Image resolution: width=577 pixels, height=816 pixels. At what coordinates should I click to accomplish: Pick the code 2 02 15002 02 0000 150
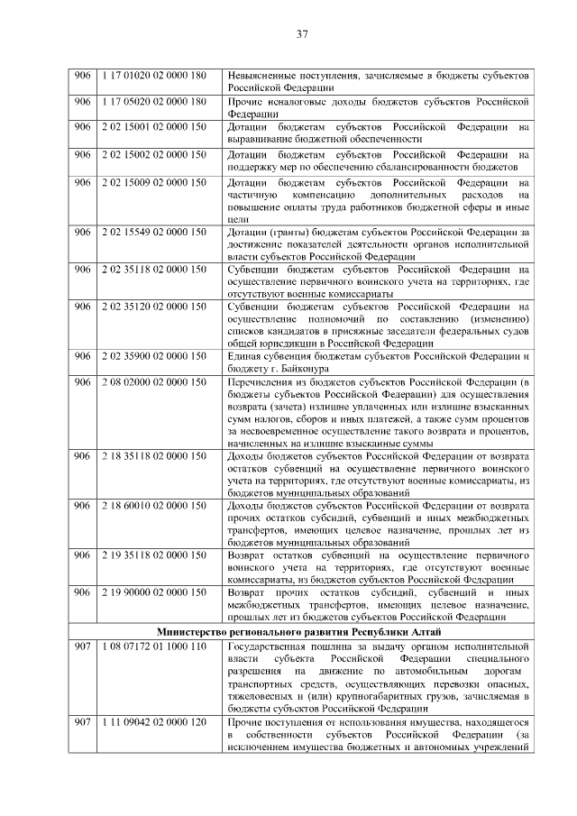point(154,155)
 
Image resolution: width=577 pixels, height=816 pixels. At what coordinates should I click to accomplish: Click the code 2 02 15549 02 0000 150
point(154,234)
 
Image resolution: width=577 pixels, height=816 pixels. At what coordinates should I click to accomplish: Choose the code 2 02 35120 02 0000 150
point(154,307)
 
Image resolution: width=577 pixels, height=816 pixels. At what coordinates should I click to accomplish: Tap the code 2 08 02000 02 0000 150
point(154,382)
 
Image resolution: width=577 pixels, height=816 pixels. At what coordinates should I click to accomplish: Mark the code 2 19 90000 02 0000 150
point(154,591)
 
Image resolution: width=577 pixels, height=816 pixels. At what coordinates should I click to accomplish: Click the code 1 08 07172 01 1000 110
point(154,646)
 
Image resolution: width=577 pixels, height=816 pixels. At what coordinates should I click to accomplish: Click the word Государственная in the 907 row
point(274,646)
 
